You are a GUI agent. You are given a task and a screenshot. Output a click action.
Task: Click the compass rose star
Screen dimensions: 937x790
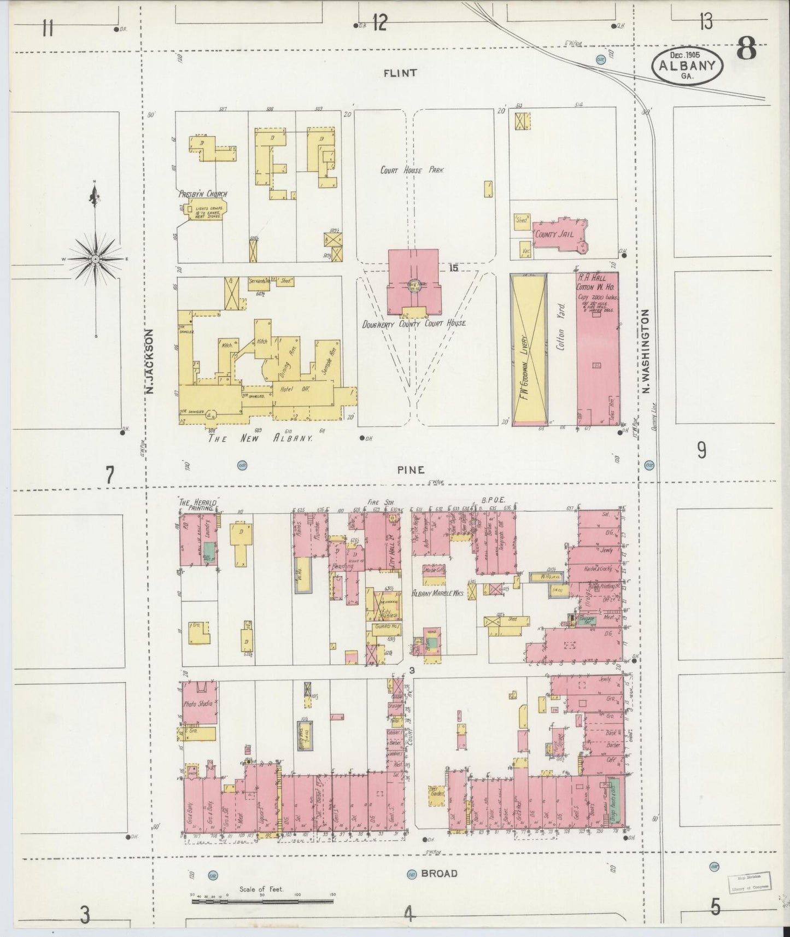coord(96,257)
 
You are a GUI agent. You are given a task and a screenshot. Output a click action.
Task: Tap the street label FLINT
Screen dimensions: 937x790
coord(400,73)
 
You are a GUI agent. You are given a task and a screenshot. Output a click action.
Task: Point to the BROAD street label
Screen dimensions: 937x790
coord(439,873)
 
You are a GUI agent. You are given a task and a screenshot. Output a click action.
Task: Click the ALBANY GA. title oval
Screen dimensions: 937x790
coord(687,65)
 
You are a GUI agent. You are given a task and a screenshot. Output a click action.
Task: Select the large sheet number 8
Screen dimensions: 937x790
coord(746,51)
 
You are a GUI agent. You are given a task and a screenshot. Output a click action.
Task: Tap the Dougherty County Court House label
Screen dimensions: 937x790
coord(414,323)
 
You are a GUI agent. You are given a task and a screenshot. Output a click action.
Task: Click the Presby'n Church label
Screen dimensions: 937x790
coord(202,194)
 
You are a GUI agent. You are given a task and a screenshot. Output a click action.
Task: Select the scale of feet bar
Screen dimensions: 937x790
coord(262,900)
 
